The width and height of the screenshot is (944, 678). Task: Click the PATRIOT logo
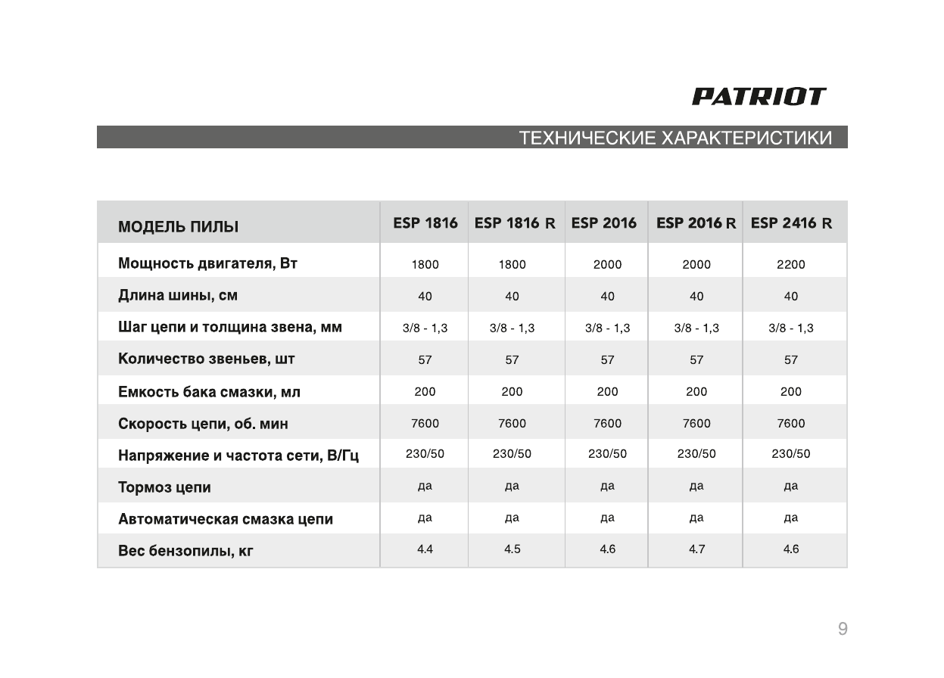tap(759, 97)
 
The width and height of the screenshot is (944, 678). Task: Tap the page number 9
tap(843, 629)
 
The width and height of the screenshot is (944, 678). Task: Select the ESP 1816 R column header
tap(515, 223)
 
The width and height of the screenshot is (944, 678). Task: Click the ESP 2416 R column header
tap(791, 223)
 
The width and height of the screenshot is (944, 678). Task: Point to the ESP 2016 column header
tap(604, 223)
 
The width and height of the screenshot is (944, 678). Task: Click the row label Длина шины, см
tap(178, 296)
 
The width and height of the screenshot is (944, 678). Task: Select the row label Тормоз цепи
tap(164, 487)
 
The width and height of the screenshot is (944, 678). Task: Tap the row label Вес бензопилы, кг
tap(185, 551)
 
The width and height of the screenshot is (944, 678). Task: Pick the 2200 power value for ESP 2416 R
tap(791, 265)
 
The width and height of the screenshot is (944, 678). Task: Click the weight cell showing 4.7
tap(696, 549)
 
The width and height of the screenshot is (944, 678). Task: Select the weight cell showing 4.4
tap(425, 549)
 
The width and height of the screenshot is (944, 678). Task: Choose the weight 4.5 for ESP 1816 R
tap(513, 549)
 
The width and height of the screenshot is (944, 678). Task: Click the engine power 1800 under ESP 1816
tap(425, 265)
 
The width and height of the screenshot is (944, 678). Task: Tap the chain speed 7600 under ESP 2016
tap(607, 424)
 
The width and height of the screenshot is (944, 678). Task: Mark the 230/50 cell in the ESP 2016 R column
tap(696, 454)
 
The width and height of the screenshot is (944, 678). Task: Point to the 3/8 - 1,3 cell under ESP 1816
tap(425, 328)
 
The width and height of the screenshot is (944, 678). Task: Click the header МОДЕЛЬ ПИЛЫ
tap(178, 227)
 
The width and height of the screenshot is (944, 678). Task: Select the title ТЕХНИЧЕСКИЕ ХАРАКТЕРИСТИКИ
tap(675, 138)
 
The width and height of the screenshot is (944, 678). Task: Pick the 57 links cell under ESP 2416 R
tap(791, 360)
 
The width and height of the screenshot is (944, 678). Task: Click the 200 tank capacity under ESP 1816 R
tap(513, 392)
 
